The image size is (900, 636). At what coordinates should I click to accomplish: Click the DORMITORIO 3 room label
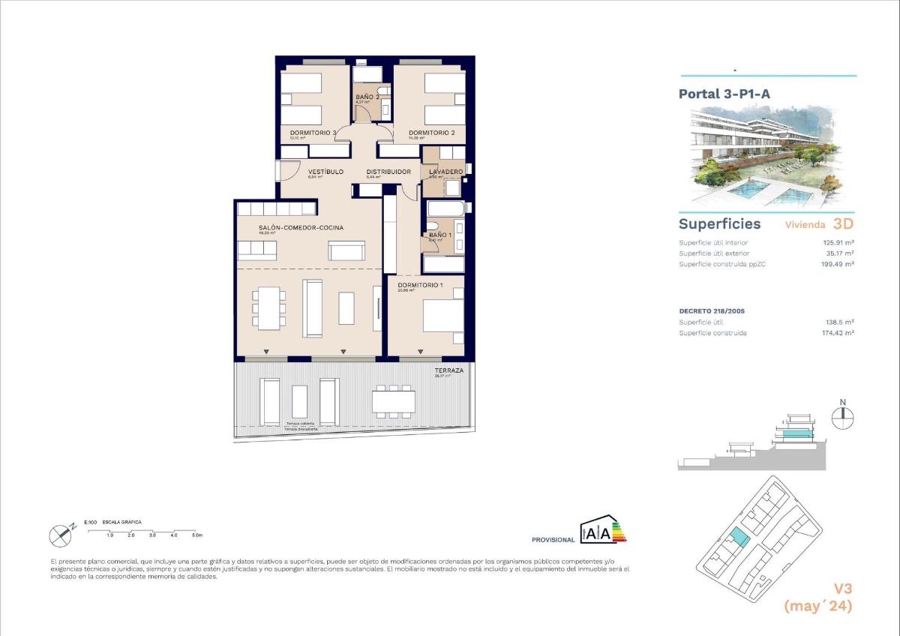click(313, 133)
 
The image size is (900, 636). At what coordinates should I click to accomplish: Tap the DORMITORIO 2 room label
click(431, 133)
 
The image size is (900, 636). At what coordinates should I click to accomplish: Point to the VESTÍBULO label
click(325, 172)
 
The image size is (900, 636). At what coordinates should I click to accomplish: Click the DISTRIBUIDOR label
click(388, 172)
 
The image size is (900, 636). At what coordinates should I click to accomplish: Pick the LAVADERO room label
click(445, 172)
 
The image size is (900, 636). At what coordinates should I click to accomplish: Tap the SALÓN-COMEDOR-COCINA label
click(291, 227)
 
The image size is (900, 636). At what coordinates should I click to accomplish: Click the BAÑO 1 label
click(440, 235)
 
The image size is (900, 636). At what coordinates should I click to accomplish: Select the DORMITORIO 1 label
click(420, 285)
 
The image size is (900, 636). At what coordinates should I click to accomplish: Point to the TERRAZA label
click(449, 370)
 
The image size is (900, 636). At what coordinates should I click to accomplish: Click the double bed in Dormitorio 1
click(443, 316)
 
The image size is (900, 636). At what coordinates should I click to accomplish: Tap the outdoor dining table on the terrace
click(394, 401)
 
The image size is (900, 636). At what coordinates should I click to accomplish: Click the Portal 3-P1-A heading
click(724, 94)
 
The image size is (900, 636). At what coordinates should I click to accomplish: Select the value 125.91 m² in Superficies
click(839, 242)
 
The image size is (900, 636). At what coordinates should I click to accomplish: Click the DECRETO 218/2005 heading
click(712, 310)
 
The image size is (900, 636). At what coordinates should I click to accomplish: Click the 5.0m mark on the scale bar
click(196, 535)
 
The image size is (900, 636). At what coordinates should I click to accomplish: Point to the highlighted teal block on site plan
click(739, 537)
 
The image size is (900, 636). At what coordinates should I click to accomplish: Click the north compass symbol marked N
click(843, 415)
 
